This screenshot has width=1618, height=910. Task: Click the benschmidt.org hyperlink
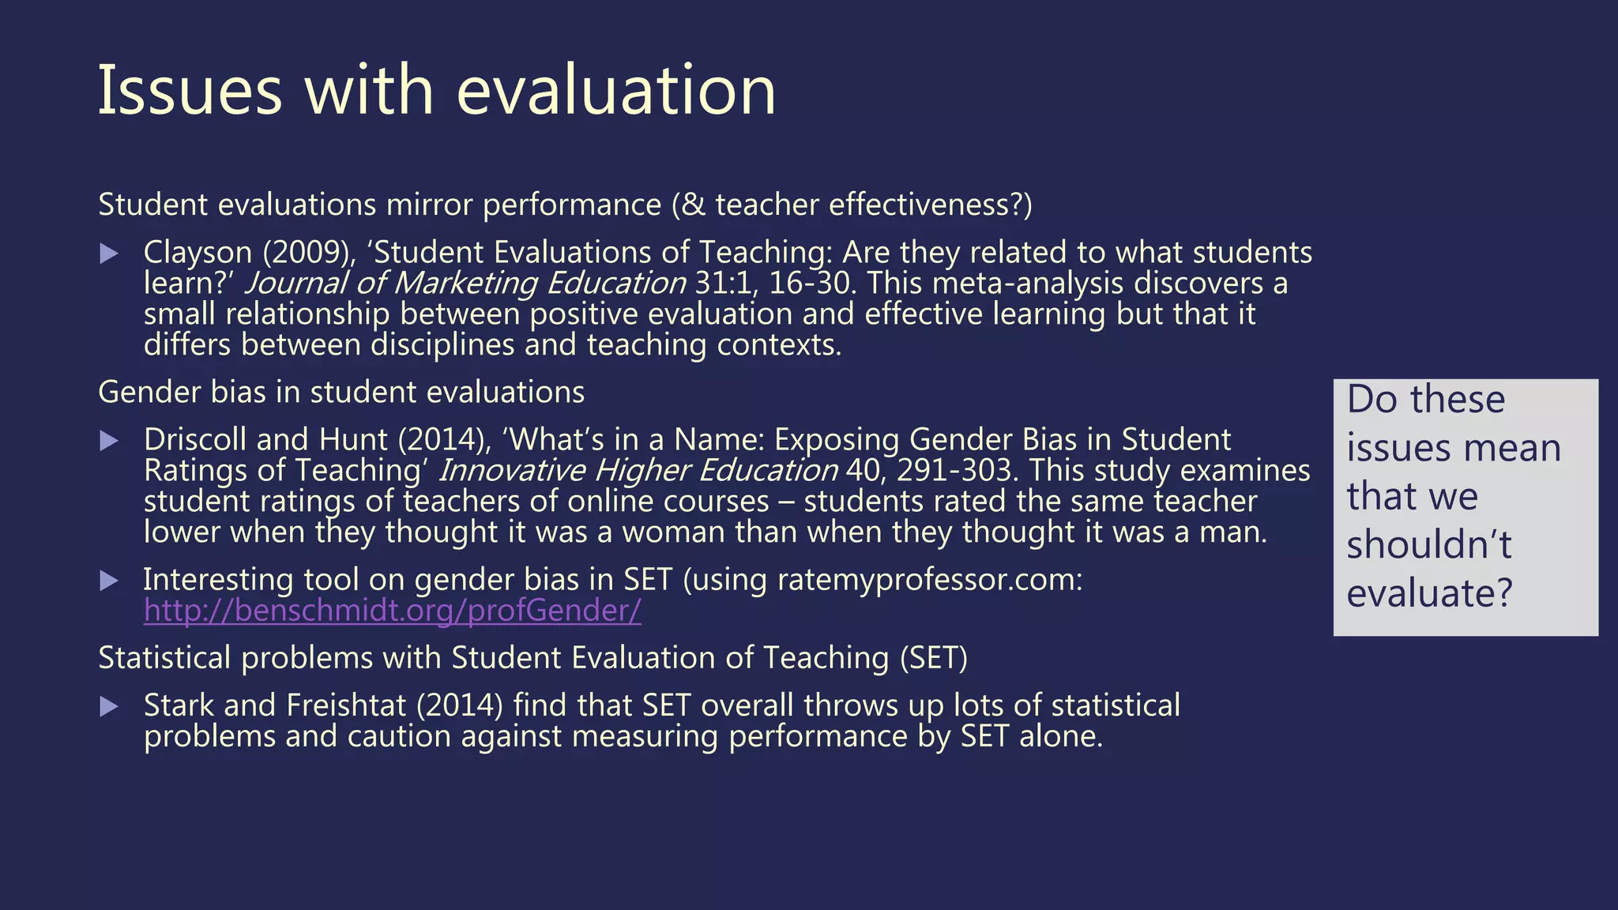(x=392, y=611)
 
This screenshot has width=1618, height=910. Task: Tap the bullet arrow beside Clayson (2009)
(x=110, y=254)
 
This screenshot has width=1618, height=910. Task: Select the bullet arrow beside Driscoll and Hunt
(x=110, y=441)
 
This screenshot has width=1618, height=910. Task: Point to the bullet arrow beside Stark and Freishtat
(x=110, y=706)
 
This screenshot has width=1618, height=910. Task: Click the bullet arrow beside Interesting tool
(x=110, y=581)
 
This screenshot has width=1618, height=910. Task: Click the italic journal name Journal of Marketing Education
(x=465, y=283)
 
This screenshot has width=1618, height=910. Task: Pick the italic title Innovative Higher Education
(x=637, y=470)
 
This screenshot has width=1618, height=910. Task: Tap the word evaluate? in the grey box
(x=1428, y=593)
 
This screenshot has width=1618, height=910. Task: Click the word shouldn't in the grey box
(x=1428, y=544)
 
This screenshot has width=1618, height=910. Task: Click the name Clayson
(x=198, y=253)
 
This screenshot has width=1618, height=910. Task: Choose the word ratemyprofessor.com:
(x=930, y=581)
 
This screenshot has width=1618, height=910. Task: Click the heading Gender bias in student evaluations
(x=341, y=393)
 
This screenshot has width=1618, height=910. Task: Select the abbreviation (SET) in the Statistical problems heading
(x=933, y=658)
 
